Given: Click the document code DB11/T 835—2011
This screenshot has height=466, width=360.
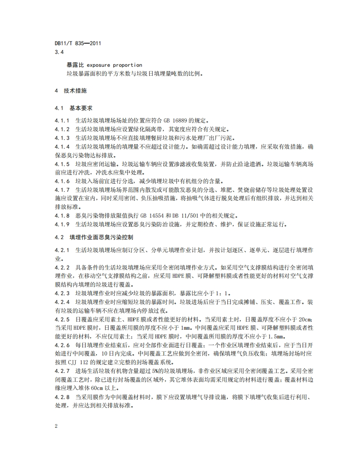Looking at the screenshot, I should (78, 43).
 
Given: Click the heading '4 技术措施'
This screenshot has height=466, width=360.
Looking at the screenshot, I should (71, 91).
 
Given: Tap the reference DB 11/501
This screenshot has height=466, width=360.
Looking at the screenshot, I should (187, 216).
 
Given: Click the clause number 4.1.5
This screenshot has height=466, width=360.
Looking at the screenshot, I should (62, 164).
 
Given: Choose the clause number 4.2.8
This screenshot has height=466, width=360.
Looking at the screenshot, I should (62, 397).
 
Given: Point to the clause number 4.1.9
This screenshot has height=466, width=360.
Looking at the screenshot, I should (62, 225).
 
